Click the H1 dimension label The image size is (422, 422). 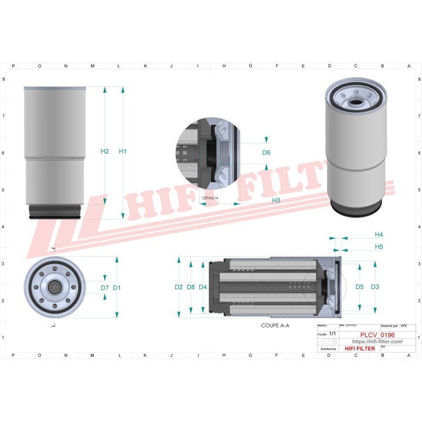(x=122, y=152)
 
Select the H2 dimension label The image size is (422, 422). (x=105, y=152)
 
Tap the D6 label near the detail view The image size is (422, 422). (x=266, y=152)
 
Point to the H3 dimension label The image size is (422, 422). (x=275, y=200)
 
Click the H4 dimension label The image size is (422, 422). (x=379, y=234)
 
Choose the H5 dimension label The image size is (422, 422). (x=379, y=247)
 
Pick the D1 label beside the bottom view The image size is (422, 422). (x=117, y=288)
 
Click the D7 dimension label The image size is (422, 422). (x=104, y=288)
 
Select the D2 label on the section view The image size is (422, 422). (x=179, y=287)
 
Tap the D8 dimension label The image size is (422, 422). (x=190, y=287)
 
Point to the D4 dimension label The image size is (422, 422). (x=203, y=287)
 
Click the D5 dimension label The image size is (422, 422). (x=359, y=287)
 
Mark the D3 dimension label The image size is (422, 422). (x=375, y=287)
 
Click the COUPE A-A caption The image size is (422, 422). (x=275, y=325)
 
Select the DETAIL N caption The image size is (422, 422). (x=210, y=198)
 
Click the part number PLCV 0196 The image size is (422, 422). (x=377, y=335)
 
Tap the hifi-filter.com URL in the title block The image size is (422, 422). (x=377, y=342)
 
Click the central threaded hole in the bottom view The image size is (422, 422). (x=54, y=287)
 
